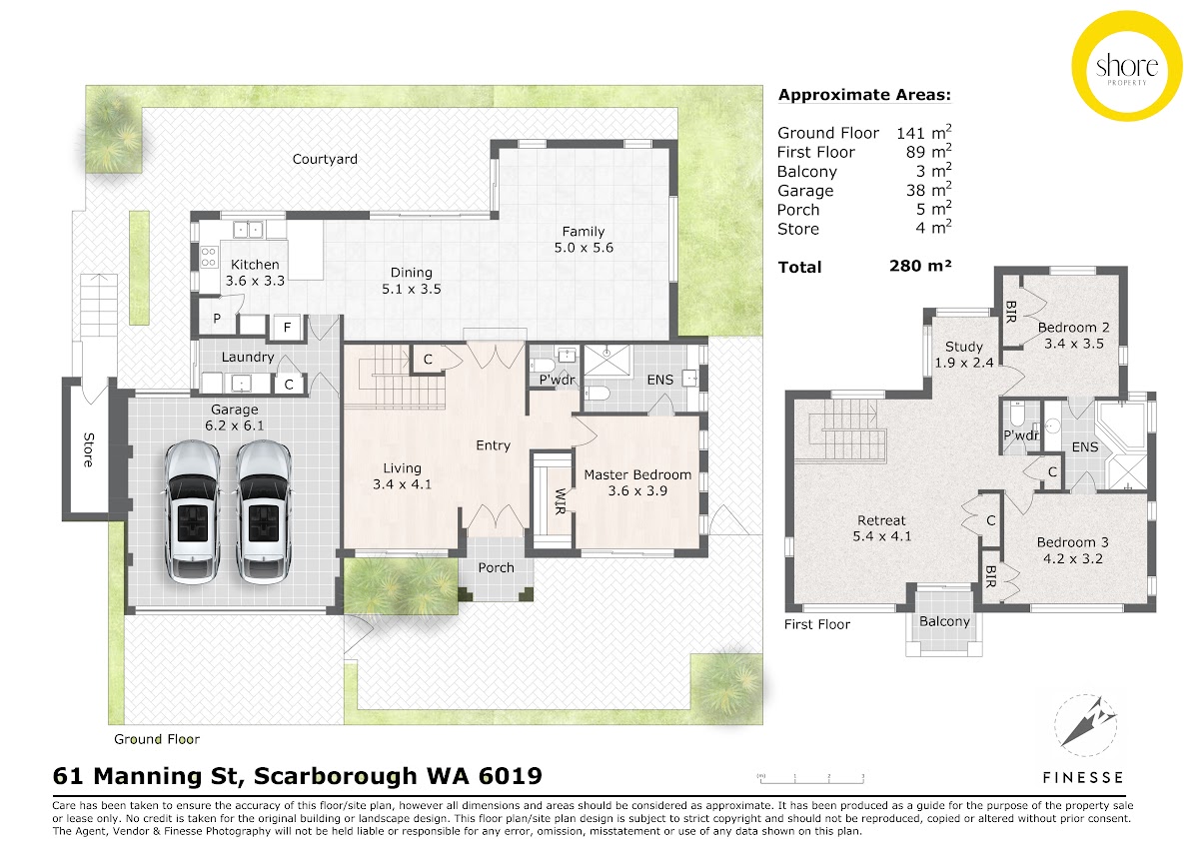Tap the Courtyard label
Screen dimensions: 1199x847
pyautogui.click(x=325, y=159)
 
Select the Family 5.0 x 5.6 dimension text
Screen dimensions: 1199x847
pyautogui.click(x=584, y=248)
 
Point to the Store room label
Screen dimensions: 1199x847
pyautogui.click(x=89, y=450)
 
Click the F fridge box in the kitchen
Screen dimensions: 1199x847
pyautogui.click(x=287, y=327)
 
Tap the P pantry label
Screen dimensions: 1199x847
pyautogui.click(x=217, y=319)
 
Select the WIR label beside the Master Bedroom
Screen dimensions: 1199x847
pyautogui.click(x=560, y=501)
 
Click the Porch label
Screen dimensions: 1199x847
pyautogui.click(x=497, y=567)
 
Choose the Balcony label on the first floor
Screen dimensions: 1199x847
pyautogui.click(x=945, y=621)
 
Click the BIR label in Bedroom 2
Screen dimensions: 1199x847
pyautogui.click(x=1010, y=312)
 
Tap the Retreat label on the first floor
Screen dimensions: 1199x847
pyautogui.click(x=881, y=520)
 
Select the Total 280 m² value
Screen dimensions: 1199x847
pyautogui.click(x=920, y=266)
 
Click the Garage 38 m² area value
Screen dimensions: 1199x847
pyautogui.click(x=928, y=190)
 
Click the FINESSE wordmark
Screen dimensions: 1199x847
pyautogui.click(x=1083, y=777)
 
